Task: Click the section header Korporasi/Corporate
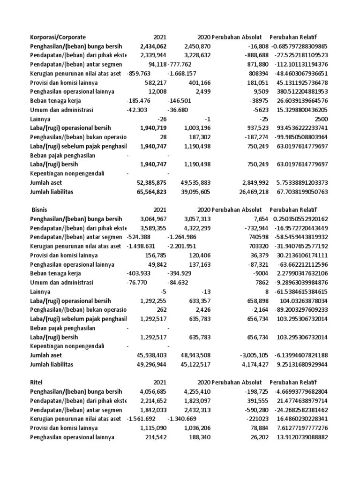[x=58, y=37]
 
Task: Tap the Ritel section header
[x=37, y=382]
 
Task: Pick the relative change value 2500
[x=319, y=120]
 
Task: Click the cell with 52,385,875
[x=150, y=183]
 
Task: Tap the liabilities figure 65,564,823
[x=150, y=192]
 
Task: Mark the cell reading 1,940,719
[x=153, y=128]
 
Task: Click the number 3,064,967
[x=153, y=219]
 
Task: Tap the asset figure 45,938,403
[x=150, y=355]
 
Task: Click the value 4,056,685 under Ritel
[x=153, y=391]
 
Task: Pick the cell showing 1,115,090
[x=153, y=428]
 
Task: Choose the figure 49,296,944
[x=150, y=364]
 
